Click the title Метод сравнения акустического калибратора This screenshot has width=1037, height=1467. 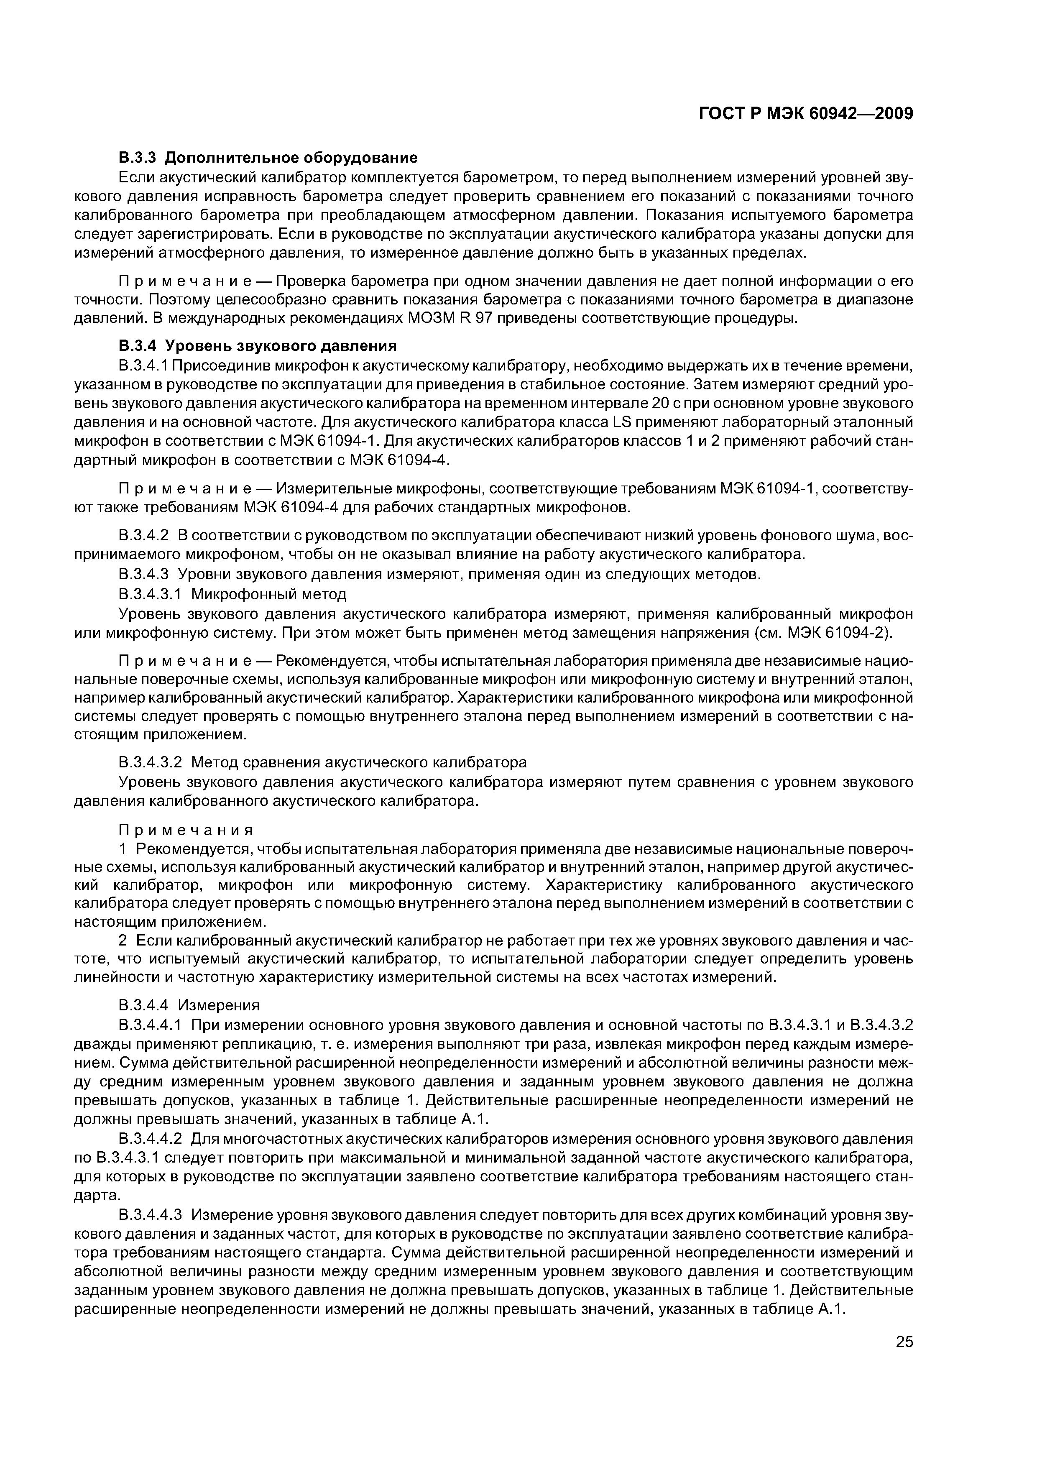coord(359,762)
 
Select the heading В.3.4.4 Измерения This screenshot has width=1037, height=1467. coord(189,1005)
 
